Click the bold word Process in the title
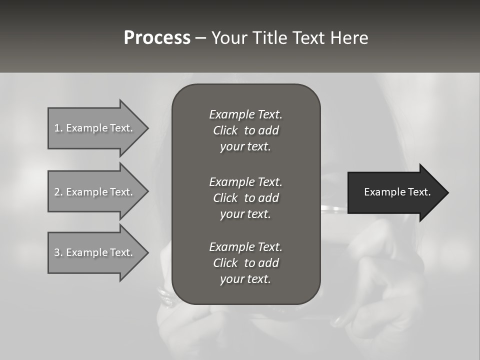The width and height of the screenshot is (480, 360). [157, 38]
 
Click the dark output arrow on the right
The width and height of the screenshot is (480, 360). [395, 192]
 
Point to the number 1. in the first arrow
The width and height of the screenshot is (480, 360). [58, 128]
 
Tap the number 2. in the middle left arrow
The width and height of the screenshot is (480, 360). [58, 192]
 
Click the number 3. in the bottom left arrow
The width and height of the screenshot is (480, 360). [58, 252]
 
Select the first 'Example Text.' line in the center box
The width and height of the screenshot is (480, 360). [245, 114]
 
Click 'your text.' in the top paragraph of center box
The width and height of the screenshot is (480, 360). [245, 146]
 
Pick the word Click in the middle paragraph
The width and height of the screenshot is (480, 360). [225, 198]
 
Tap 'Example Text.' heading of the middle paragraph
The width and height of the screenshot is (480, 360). [245, 182]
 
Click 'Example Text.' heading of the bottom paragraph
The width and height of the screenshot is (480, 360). [245, 247]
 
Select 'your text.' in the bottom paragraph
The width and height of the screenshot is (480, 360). [245, 279]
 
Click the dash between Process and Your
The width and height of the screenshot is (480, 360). [200, 38]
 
